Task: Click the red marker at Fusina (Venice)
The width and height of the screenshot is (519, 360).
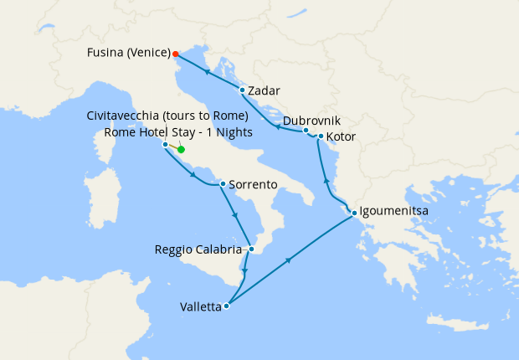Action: point(176,54)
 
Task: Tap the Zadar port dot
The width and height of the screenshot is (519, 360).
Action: point(242,90)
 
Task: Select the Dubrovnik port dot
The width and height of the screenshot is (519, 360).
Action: point(306,130)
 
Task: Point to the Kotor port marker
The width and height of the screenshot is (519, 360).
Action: point(321,136)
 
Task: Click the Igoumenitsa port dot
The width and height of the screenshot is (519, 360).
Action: point(354,212)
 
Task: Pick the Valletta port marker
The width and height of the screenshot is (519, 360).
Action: point(227,306)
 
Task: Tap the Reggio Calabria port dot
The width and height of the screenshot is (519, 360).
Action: point(251,249)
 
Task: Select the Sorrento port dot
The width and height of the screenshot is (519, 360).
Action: point(222,183)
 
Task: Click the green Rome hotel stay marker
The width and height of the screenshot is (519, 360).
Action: point(181,150)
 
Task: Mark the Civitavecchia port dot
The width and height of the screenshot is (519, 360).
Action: point(165,144)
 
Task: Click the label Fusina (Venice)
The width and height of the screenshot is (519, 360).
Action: point(129,53)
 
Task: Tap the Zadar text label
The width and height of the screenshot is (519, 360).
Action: point(265,90)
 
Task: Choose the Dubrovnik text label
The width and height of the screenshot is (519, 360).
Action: point(311,121)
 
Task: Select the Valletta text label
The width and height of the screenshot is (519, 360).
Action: point(201,306)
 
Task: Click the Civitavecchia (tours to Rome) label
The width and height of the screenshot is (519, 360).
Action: point(167,116)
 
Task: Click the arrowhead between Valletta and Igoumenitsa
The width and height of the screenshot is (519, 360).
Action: point(289,260)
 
